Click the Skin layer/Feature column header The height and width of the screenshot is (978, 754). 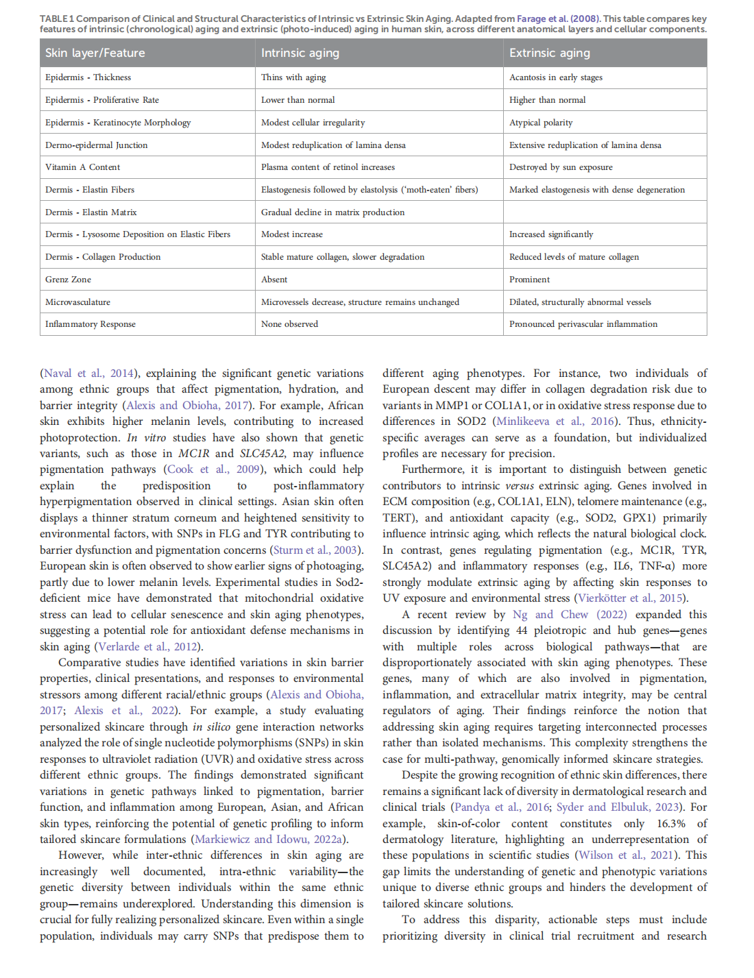95,53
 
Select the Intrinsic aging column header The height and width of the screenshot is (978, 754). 300,53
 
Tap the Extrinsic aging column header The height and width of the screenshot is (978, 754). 549,53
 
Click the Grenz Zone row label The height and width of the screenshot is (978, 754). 69,280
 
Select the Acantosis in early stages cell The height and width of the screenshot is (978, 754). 556,77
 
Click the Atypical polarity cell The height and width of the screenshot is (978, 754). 541,123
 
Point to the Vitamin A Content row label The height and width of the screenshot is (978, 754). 82,167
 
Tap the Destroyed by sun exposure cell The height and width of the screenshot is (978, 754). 561,167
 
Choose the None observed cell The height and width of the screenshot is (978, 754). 289,324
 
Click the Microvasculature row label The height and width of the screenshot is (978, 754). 77,302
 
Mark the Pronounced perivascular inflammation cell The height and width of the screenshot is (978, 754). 583,324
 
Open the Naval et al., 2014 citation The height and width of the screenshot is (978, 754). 88,374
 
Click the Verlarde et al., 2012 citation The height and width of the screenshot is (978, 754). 147,647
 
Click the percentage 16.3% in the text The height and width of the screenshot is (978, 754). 671,824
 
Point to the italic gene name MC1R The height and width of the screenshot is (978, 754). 193,454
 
